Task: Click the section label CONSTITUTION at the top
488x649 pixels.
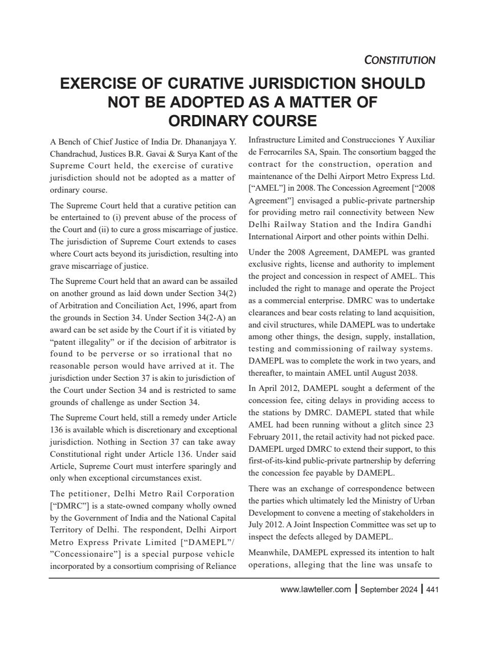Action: [x=399, y=60]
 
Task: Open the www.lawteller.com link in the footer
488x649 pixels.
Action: [x=315, y=589]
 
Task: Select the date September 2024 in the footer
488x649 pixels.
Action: [x=389, y=589]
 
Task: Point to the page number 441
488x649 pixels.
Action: [x=432, y=589]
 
